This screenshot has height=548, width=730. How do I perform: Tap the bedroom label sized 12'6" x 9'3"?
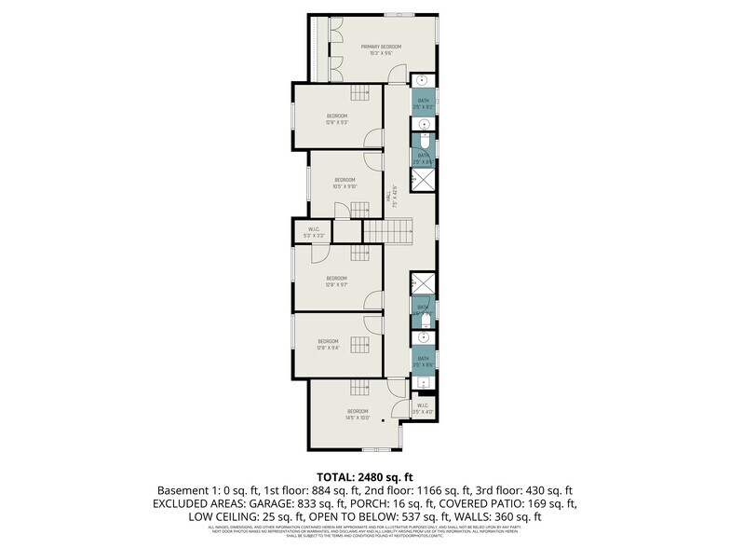click(x=336, y=118)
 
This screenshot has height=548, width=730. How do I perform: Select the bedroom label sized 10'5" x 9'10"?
click(x=345, y=182)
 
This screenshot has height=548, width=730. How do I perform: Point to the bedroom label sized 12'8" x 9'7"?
click(x=336, y=281)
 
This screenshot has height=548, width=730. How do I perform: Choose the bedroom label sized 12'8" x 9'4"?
click(x=328, y=344)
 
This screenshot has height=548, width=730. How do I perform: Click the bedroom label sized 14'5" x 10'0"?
click(x=358, y=414)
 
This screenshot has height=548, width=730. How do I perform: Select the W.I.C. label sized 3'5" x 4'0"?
click(x=423, y=407)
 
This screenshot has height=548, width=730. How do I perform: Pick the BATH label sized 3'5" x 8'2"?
click(x=424, y=103)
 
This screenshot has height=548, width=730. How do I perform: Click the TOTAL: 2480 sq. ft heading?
click(x=364, y=476)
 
